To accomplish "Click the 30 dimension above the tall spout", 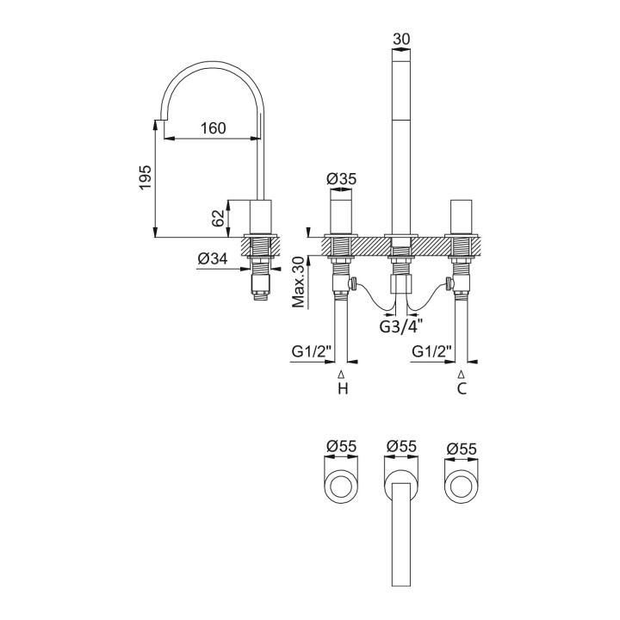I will click(x=400, y=39).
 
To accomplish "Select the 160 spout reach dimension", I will click(x=213, y=128).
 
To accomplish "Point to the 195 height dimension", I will click(x=146, y=177).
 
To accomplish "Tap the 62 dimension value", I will click(x=218, y=217).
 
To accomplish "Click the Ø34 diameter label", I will click(x=212, y=258).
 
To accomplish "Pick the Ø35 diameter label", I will click(x=342, y=179).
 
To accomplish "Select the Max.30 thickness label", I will click(x=298, y=282).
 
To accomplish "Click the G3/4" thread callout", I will click(x=400, y=326).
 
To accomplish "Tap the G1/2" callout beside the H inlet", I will click(x=309, y=351).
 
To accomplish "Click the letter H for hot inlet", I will click(x=342, y=389).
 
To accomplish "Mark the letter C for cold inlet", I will click(x=462, y=389).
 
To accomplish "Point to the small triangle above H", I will click(x=342, y=375).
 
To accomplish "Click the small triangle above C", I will click(x=462, y=375).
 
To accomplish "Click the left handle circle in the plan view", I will click(x=342, y=488).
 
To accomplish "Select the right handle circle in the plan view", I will click(x=462, y=488).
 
